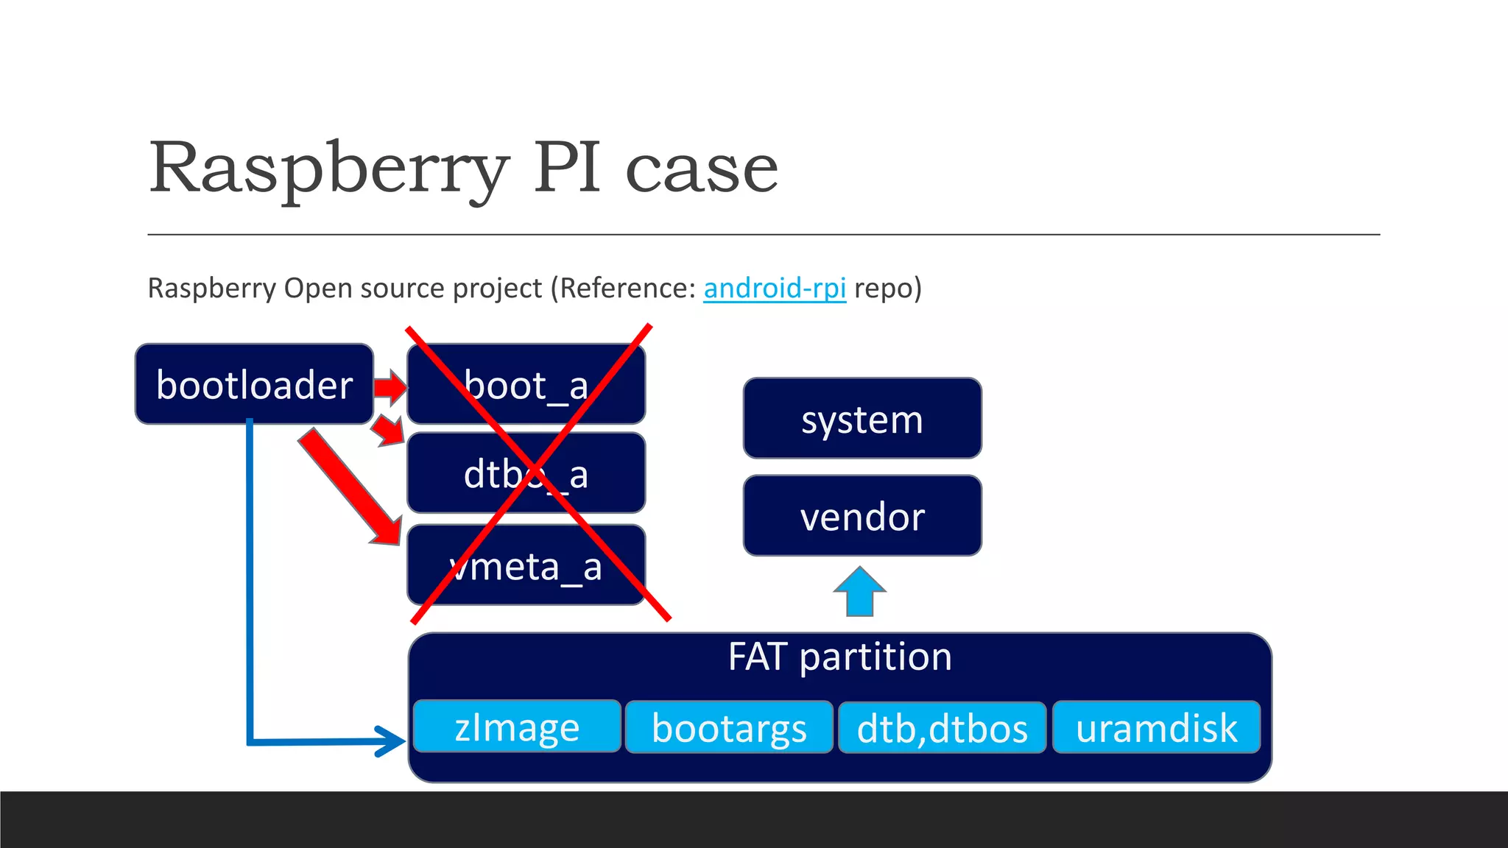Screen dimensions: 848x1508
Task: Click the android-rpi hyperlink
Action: pos(775,288)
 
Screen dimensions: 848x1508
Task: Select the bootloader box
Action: pos(254,384)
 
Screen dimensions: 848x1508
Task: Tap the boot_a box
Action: pos(526,385)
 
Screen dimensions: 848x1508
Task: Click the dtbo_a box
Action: pos(526,473)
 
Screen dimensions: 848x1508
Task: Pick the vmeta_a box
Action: pos(526,566)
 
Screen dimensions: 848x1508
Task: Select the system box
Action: pos(862,419)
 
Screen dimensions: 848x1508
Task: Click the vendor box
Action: pos(862,516)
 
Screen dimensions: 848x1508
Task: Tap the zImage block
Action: pos(517,727)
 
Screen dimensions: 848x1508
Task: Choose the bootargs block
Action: pos(729,727)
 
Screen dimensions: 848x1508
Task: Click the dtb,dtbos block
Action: pos(942,727)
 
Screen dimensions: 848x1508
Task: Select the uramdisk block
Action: pos(1156,727)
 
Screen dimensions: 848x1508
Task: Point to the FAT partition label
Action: pos(839,657)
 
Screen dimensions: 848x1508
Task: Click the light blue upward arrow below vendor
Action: pos(859,591)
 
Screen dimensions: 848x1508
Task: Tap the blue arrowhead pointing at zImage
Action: pos(390,741)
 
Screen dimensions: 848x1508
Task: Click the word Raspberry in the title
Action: pos(328,169)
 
